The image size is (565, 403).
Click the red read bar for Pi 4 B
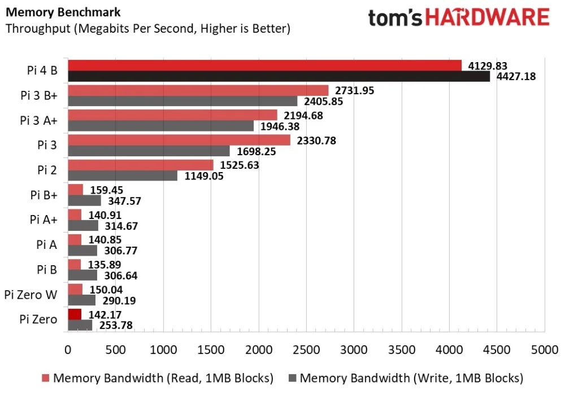point(264,65)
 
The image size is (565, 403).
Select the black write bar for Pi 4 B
point(279,76)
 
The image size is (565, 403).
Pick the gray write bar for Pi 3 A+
point(160,126)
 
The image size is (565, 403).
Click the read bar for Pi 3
point(179,140)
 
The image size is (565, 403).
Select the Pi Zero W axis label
point(31,294)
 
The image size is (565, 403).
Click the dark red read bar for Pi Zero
point(75,314)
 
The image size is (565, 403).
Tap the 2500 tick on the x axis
point(306,350)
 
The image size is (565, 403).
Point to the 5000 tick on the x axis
point(545,350)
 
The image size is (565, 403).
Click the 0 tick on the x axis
point(68,350)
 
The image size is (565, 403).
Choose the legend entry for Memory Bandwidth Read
point(158,378)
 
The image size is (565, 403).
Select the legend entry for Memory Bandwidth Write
point(406,378)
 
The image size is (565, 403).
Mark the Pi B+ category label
point(43,195)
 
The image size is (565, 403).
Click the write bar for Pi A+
point(82,225)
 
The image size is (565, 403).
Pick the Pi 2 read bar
point(140,165)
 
